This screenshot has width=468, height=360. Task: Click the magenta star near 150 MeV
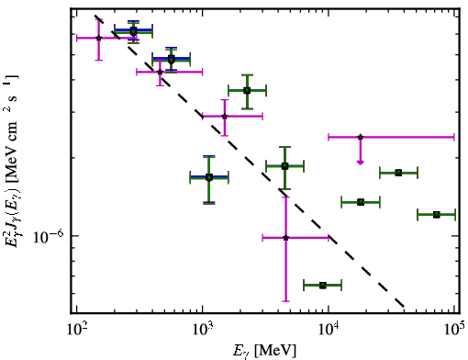pyautogui.click(x=98, y=38)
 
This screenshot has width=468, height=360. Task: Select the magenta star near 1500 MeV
pyautogui.click(x=225, y=117)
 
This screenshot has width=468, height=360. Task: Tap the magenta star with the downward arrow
pyautogui.click(x=361, y=137)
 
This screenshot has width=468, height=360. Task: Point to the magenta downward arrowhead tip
pyautogui.click(x=361, y=164)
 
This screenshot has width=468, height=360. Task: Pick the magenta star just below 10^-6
pyautogui.click(x=285, y=238)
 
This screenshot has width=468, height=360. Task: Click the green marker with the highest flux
pyautogui.click(x=133, y=31)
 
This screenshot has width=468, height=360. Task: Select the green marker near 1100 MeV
pyautogui.click(x=209, y=177)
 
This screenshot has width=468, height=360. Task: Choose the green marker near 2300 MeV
pyautogui.click(x=247, y=91)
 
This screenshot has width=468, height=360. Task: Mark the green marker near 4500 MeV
pyautogui.click(x=284, y=166)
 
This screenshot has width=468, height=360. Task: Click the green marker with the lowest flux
pyautogui.click(x=323, y=286)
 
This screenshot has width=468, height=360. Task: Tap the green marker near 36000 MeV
pyautogui.click(x=398, y=173)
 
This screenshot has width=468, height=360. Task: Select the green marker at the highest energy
pyautogui.click(x=437, y=215)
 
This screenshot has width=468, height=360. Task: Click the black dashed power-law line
pyautogui.click(x=250, y=161)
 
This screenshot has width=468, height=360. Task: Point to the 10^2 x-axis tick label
pyautogui.click(x=76, y=330)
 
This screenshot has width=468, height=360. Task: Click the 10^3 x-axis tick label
pyautogui.click(x=203, y=330)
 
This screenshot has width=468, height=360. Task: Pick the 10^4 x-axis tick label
pyautogui.click(x=329, y=330)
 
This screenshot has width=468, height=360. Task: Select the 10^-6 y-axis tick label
pyautogui.click(x=49, y=236)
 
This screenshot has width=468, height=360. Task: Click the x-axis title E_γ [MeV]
pyautogui.click(x=264, y=351)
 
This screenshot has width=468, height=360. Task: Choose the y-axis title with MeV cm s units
pyautogui.click(x=12, y=160)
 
